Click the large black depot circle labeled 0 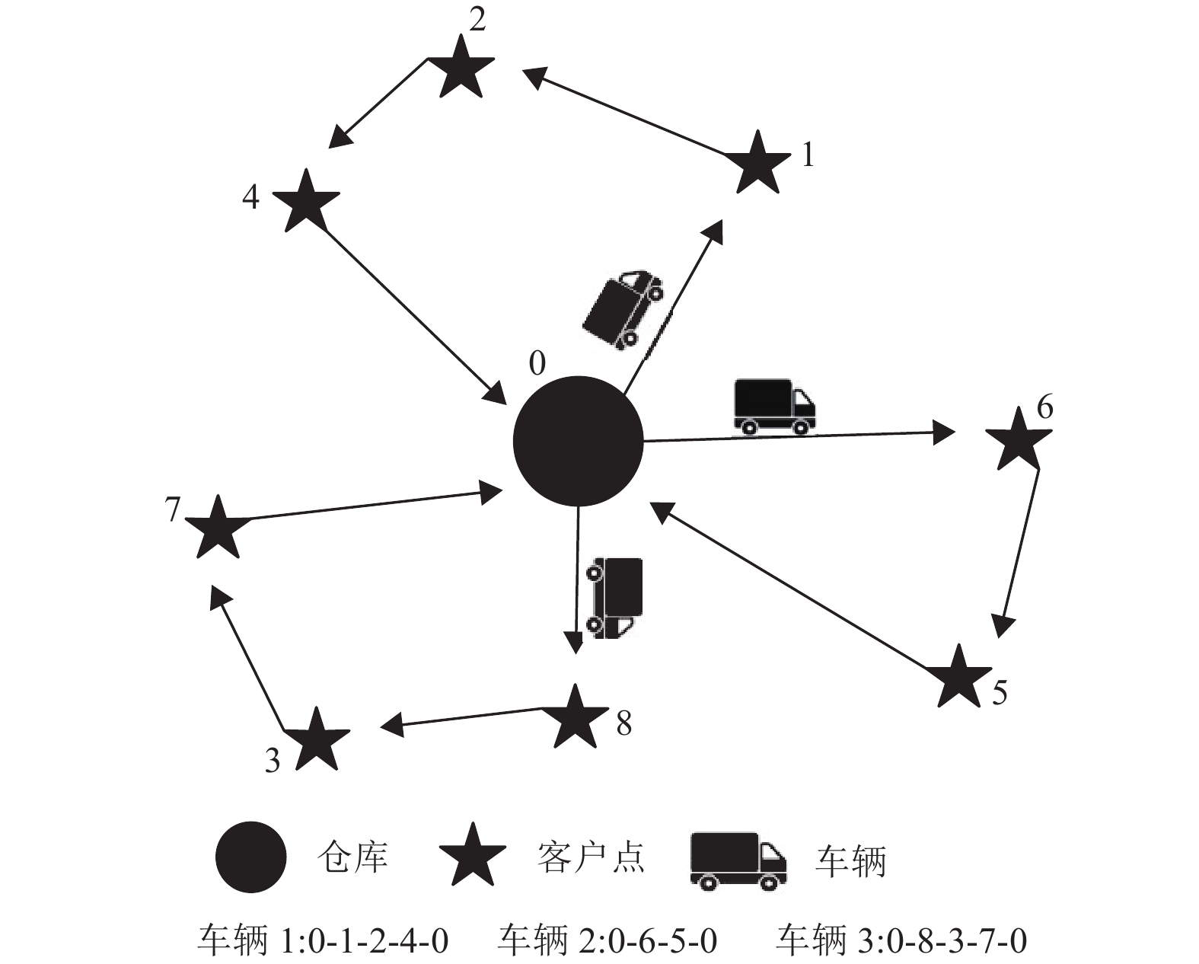tap(578, 442)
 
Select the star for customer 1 tap(757, 164)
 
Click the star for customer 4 tap(305, 202)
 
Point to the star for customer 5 tap(958, 677)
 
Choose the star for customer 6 tap(1019, 440)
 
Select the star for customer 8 tap(575, 717)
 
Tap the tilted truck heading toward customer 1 tap(622, 308)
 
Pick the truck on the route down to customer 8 tap(614, 597)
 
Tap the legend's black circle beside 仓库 tap(250, 857)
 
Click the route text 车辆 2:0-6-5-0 tap(607, 940)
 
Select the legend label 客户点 tap(591, 858)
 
